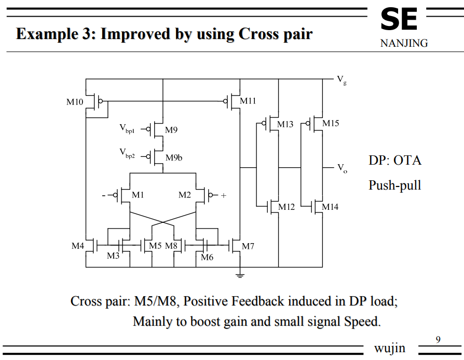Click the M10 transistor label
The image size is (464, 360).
tap(75, 102)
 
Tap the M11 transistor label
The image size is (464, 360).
tap(248, 101)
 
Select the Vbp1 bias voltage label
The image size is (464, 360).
tap(127, 127)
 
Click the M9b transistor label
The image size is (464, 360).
tap(174, 157)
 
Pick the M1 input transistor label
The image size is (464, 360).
tap(138, 195)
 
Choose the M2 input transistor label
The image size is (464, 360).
tap(185, 195)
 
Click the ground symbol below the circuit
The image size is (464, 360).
tap(239, 274)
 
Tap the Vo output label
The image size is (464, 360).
tap(342, 168)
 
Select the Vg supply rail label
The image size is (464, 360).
tap(342, 79)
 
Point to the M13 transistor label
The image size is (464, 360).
tap(285, 124)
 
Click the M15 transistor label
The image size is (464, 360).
tap(330, 123)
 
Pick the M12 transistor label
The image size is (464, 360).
tap(286, 207)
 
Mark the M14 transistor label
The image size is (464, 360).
tap(330, 207)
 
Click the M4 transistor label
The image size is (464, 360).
tap(78, 245)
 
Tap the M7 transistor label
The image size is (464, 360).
tap(248, 246)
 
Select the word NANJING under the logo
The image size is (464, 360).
tap(404, 44)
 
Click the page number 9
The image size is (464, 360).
tap(438, 340)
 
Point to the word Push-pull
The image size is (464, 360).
tap(394, 185)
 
